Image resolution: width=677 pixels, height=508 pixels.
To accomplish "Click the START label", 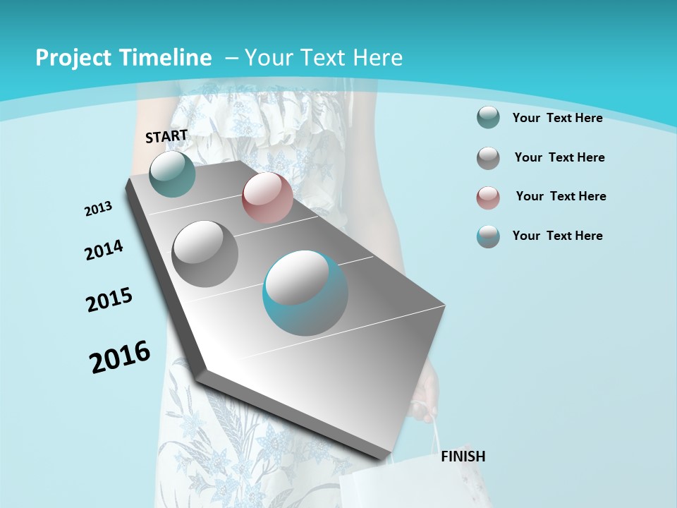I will pyautogui.click(x=166, y=136).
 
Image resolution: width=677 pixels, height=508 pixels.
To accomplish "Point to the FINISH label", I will pyautogui.click(x=463, y=456).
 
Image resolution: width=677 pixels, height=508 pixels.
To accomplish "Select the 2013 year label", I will pyautogui.click(x=99, y=209).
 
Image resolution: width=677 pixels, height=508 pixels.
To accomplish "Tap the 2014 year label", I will pyautogui.click(x=104, y=250).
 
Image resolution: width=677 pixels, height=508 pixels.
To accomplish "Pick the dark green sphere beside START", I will pyautogui.click(x=172, y=174).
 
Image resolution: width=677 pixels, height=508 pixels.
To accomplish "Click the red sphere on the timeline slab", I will pyautogui.click(x=267, y=198).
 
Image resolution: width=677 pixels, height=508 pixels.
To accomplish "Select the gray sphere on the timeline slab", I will pyautogui.click(x=205, y=253).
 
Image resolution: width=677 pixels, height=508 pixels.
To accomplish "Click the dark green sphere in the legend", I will pyautogui.click(x=488, y=117).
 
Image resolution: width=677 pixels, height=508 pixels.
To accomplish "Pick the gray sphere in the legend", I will pyautogui.click(x=488, y=157).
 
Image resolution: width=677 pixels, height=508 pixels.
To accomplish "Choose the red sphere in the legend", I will pyautogui.click(x=488, y=198).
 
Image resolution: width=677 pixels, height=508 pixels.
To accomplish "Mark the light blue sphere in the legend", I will pyautogui.click(x=488, y=236).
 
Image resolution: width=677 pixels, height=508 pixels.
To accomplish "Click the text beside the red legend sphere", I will pyautogui.click(x=561, y=196).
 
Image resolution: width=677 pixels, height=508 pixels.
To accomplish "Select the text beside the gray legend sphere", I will pyautogui.click(x=559, y=157).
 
